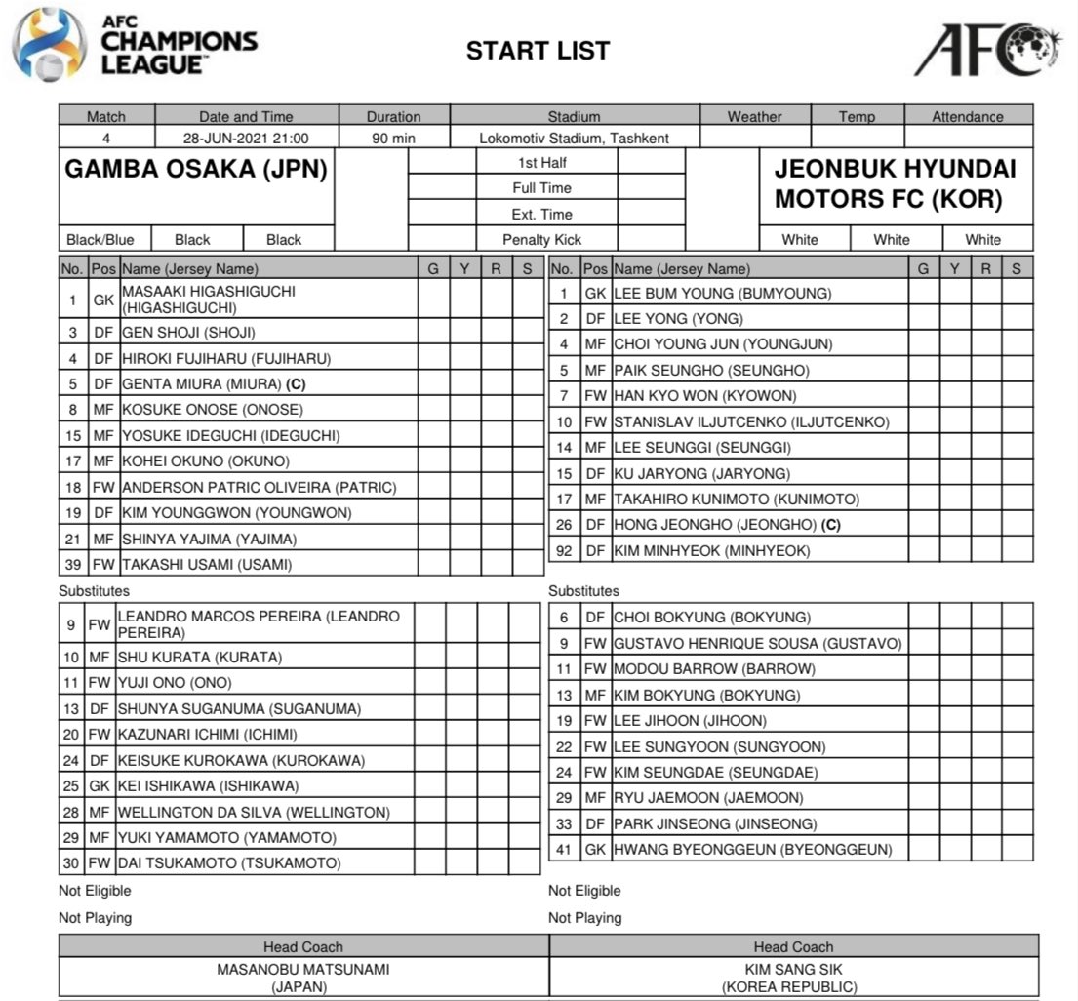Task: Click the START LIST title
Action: click(538, 51)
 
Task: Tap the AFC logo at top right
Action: click(987, 49)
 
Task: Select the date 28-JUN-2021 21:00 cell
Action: click(247, 138)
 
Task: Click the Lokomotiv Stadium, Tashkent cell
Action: click(574, 138)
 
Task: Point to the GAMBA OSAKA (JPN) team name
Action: click(196, 171)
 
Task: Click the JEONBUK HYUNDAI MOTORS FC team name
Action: click(895, 184)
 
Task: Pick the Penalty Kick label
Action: click(541, 239)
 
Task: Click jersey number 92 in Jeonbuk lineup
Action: click(564, 551)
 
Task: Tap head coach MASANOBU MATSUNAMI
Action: click(302, 970)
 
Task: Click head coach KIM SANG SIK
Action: click(792, 970)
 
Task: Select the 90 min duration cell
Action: click(393, 138)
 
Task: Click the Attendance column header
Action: click(967, 116)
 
